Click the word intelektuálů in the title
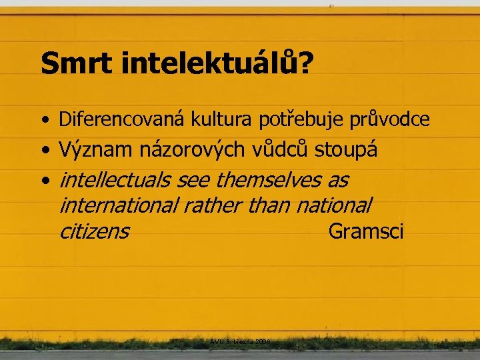(x=209, y=64)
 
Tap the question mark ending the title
(x=307, y=64)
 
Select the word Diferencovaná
(x=123, y=120)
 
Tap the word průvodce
(x=389, y=120)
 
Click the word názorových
(x=193, y=150)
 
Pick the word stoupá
(x=346, y=151)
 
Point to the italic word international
(x=117, y=205)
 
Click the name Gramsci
(x=366, y=231)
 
